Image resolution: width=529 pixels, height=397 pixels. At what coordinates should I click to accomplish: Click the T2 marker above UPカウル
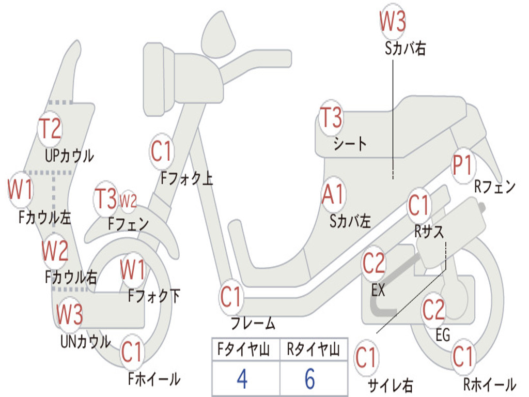(x=51, y=128)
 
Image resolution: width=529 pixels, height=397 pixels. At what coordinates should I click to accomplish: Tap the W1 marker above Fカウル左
(x=20, y=190)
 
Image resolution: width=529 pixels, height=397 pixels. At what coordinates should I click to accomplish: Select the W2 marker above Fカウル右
(x=55, y=251)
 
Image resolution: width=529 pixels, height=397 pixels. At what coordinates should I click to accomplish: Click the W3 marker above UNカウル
(x=70, y=314)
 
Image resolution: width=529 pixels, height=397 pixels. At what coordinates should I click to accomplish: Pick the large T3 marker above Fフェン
(x=106, y=199)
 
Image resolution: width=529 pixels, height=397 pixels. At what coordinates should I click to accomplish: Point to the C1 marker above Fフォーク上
(x=161, y=151)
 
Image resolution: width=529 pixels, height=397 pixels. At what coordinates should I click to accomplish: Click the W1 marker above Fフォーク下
(x=133, y=269)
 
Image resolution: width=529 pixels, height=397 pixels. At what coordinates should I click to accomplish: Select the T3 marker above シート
(x=331, y=118)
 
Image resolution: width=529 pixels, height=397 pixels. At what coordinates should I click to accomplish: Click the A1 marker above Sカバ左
(x=333, y=195)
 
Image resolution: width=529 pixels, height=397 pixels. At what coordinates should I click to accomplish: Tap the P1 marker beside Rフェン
(x=462, y=166)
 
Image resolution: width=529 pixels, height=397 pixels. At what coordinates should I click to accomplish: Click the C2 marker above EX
(x=374, y=264)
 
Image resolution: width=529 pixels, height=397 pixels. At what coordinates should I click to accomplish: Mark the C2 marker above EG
(x=433, y=309)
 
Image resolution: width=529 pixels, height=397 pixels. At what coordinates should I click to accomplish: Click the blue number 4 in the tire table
(x=242, y=379)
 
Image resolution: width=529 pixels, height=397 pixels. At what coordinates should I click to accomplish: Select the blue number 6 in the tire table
(x=310, y=379)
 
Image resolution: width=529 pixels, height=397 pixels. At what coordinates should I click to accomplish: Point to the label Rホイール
(x=489, y=385)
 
